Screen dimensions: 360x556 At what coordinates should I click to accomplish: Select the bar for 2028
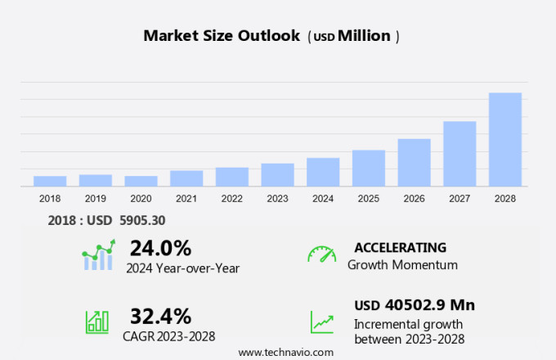click(505, 140)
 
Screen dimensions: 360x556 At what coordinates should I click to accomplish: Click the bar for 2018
click(50, 181)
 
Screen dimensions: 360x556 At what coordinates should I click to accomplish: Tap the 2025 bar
click(369, 168)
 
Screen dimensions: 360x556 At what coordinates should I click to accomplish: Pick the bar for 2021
click(186, 178)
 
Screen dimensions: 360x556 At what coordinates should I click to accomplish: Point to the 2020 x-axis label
click(141, 199)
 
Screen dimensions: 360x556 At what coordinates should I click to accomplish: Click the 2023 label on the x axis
click(277, 199)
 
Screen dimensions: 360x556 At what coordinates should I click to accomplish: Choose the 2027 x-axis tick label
click(460, 199)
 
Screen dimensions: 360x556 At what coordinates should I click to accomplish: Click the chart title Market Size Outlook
click(221, 36)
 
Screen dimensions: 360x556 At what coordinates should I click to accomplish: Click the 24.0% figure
click(160, 248)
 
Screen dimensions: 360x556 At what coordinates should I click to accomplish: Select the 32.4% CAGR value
click(160, 316)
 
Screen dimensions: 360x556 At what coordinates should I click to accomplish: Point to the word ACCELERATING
click(400, 247)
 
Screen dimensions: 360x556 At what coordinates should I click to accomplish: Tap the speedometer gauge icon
click(321, 254)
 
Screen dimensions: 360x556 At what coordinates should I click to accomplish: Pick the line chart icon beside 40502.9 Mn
click(321, 322)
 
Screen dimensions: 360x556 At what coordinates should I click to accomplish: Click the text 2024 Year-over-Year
click(182, 267)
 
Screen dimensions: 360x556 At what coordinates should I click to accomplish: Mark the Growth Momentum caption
click(402, 264)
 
